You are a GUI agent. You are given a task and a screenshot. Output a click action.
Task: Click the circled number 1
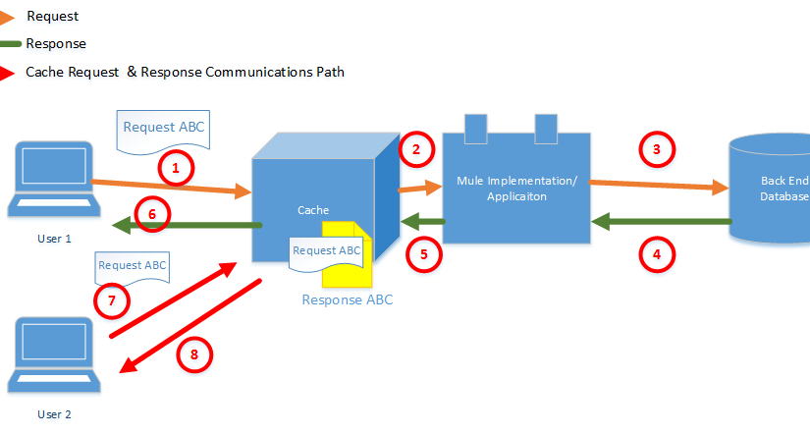click(175, 169)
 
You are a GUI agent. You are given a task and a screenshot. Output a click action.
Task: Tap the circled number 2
click(416, 149)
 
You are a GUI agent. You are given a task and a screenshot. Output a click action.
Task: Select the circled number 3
click(657, 149)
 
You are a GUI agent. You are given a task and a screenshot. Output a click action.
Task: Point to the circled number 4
click(657, 255)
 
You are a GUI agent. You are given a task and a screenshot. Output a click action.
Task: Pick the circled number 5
click(424, 253)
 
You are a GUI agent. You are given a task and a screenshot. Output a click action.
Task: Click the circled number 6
click(152, 215)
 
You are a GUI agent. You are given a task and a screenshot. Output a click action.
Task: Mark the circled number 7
click(112, 300)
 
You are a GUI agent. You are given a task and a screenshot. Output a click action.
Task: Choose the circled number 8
click(194, 354)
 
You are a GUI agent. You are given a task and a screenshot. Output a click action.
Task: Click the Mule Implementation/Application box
click(515, 187)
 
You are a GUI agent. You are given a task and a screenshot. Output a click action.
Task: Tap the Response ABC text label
click(347, 299)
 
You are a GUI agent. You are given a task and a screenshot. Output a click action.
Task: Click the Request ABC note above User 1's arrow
click(163, 129)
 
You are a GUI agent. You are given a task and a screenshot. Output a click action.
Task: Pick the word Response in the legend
click(56, 43)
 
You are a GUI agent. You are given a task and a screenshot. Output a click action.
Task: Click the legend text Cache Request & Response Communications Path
click(185, 72)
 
